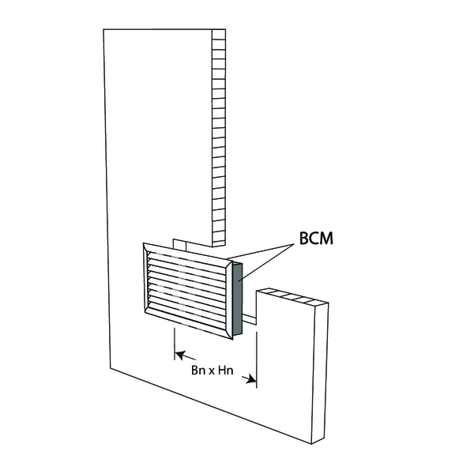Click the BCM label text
point(316,239)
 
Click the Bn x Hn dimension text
point(213,370)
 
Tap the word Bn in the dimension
point(198,370)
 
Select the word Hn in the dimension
point(225,370)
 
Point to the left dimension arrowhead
point(180,355)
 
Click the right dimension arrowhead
point(251,379)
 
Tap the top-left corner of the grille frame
point(143,243)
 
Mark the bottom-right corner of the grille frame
point(233,340)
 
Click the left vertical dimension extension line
point(175,344)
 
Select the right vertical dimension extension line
point(256,359)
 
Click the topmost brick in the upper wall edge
point(219,34)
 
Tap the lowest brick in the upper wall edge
point(219,242)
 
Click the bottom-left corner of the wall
point(110,368)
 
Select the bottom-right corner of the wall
point(311,444)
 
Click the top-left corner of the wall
point(103,29)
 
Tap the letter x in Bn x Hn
point(212,371)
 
